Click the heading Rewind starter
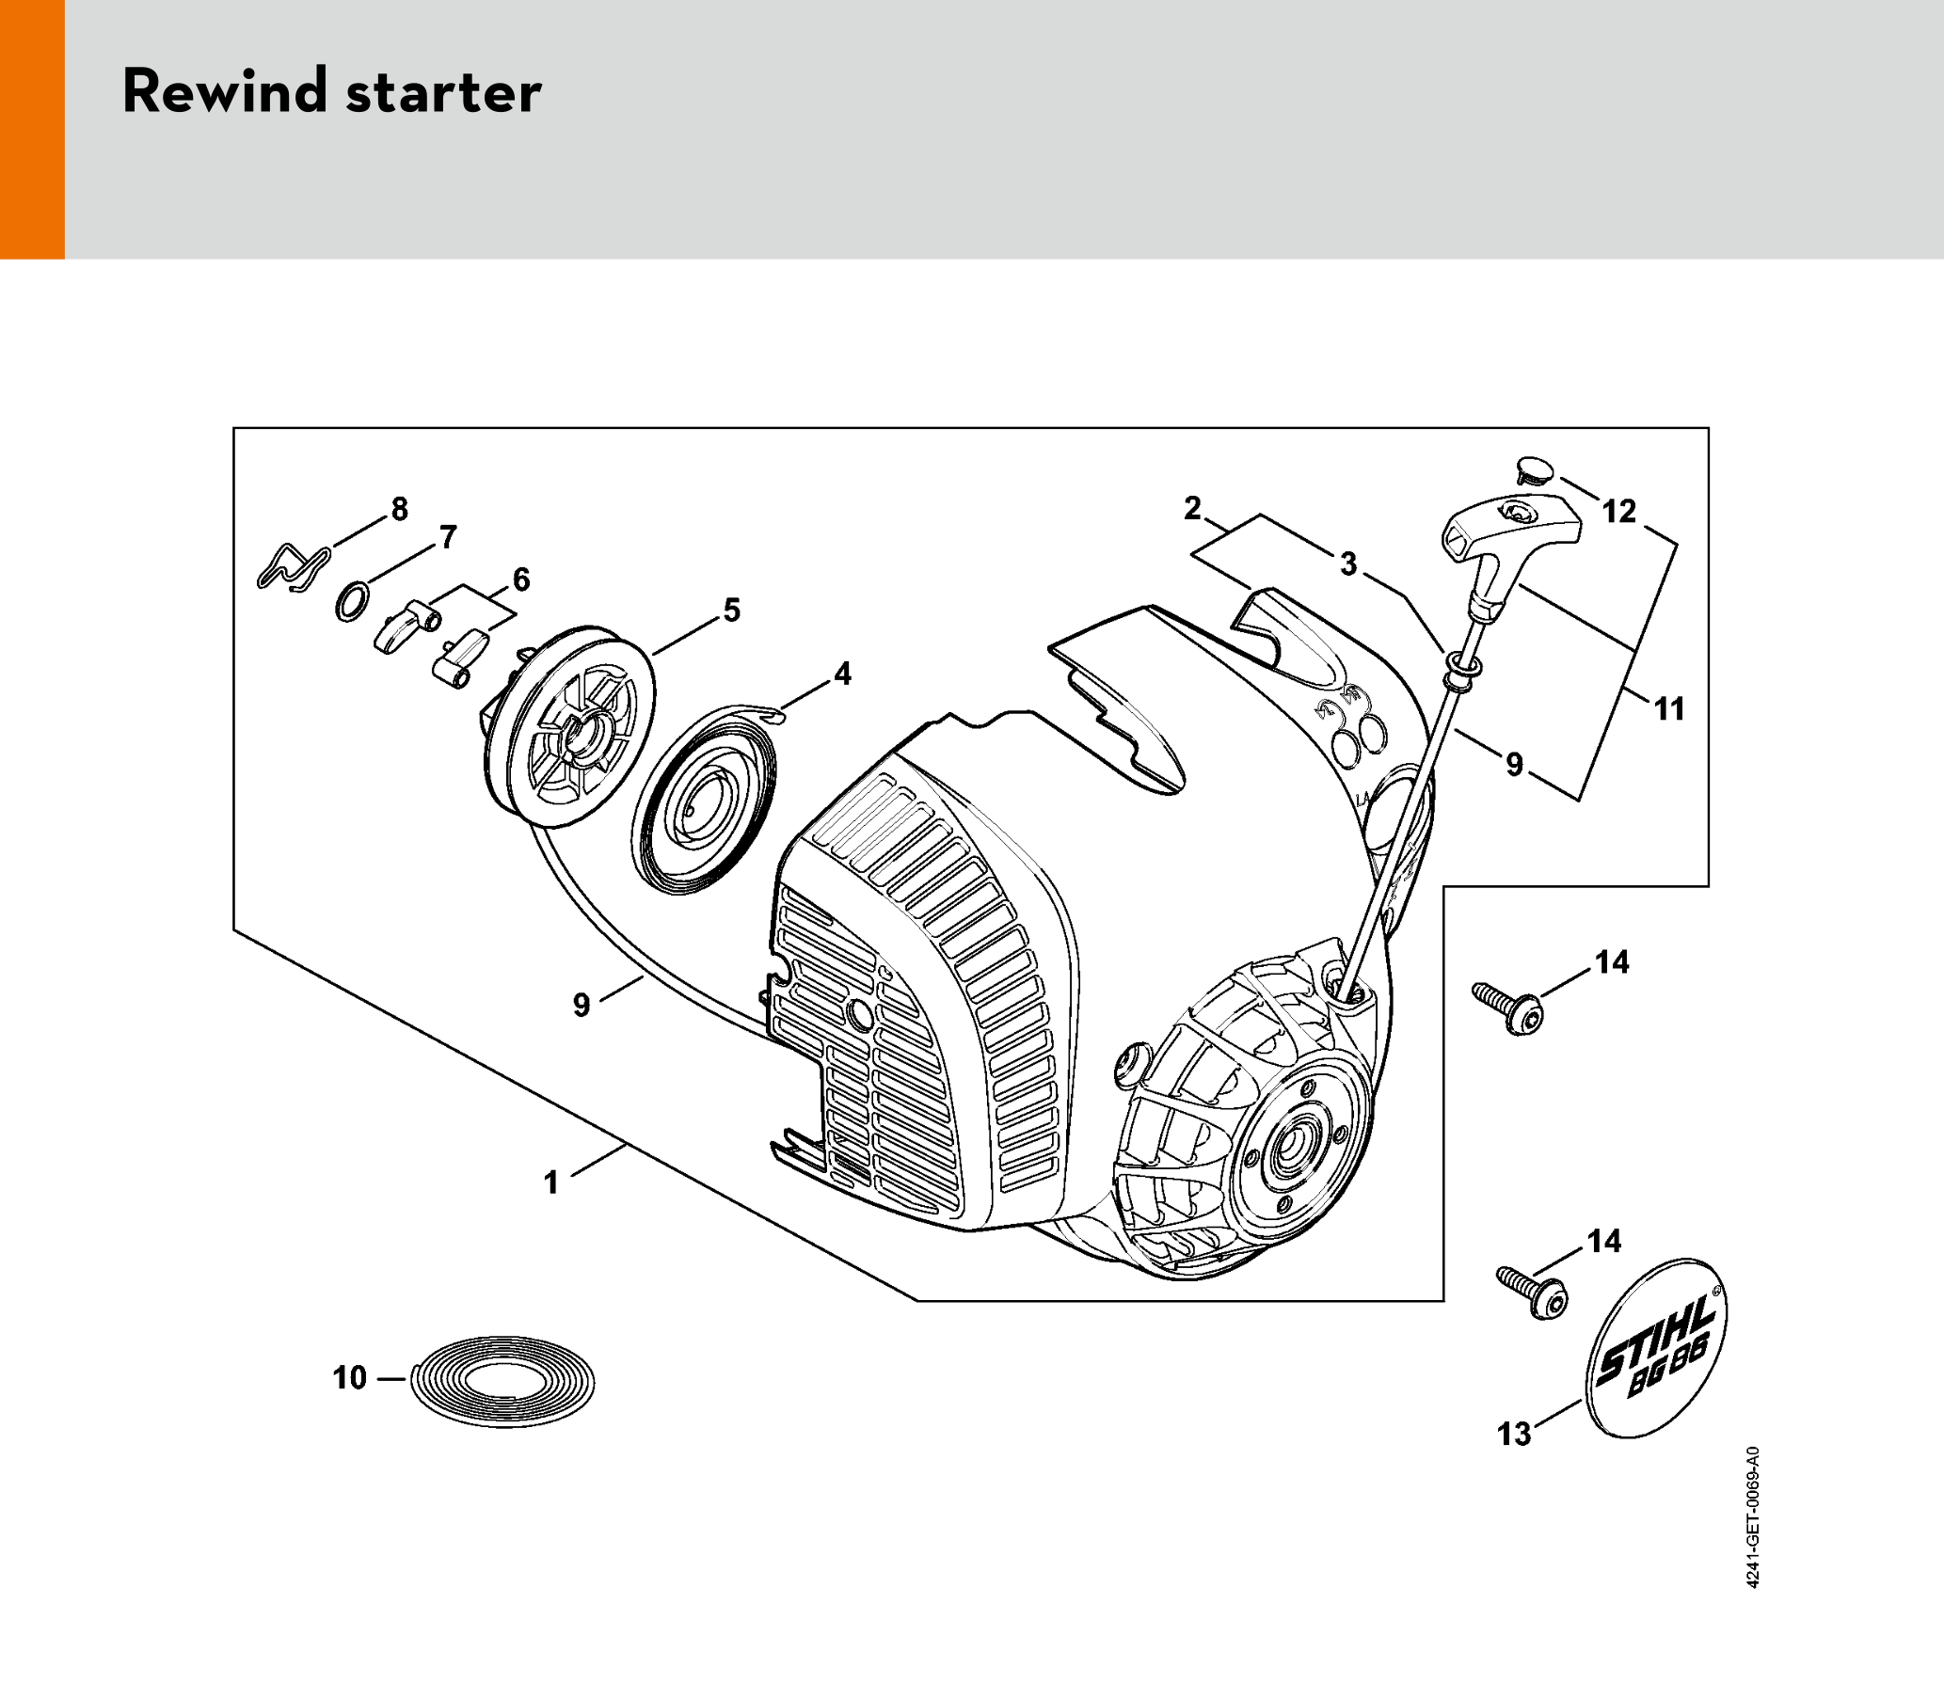pos(332,91)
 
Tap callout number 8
pos(400,509)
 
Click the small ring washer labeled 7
pos(352,601)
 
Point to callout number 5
pos(732,610)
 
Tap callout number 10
pos(349,1378)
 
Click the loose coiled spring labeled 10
pos(504,1380)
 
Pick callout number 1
pos(551,1182)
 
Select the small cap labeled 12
pos(1535,469)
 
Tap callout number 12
pos(1619,511)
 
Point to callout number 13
pos(1514,1434)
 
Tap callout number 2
pos(1193,508)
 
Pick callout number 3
pos(1348,563)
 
